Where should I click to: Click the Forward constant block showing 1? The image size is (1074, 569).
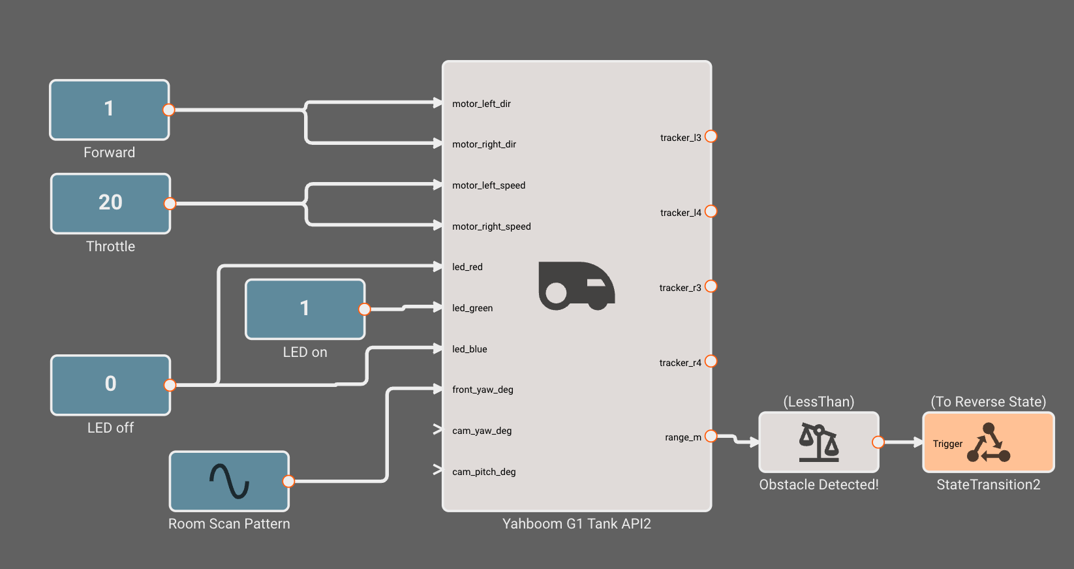[110, 110]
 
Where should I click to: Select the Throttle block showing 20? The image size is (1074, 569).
[110, 204]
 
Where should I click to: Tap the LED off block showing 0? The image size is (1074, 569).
[110, 385]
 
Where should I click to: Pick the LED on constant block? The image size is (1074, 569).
[305, 309]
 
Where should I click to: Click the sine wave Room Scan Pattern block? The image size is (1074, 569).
[229, 482]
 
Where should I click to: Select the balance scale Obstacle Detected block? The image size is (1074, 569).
[819, 442]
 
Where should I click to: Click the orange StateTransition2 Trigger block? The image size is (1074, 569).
[989, 442]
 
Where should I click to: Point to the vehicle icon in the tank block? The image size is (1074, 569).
[577, 286]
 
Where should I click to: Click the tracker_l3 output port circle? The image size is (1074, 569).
[711, 136]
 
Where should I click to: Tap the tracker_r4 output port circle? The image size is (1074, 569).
[711, 361]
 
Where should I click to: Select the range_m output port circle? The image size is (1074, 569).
[711, 437]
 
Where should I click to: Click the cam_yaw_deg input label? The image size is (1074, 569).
[482, 431]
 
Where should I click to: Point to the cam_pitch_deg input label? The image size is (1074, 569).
[483, 472]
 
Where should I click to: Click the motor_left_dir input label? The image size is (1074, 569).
[482, 104]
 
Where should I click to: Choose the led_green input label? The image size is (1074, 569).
[472, 308]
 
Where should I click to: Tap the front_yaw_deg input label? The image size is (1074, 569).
[482, 390]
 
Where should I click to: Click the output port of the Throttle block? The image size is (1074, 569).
[170, 204]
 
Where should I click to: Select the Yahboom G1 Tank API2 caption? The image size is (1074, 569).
[577, 523]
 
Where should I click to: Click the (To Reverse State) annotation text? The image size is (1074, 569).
[989, 402]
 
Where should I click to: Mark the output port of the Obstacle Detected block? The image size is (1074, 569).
[878, 442]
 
